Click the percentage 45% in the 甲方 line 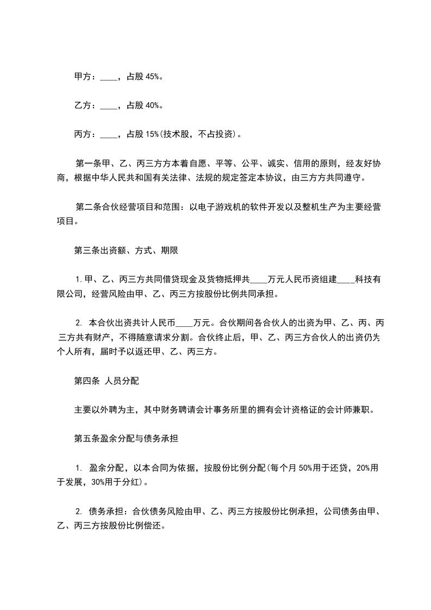pos(152,77)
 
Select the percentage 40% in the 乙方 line pos(152,105)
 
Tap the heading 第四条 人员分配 pos(107,381)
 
